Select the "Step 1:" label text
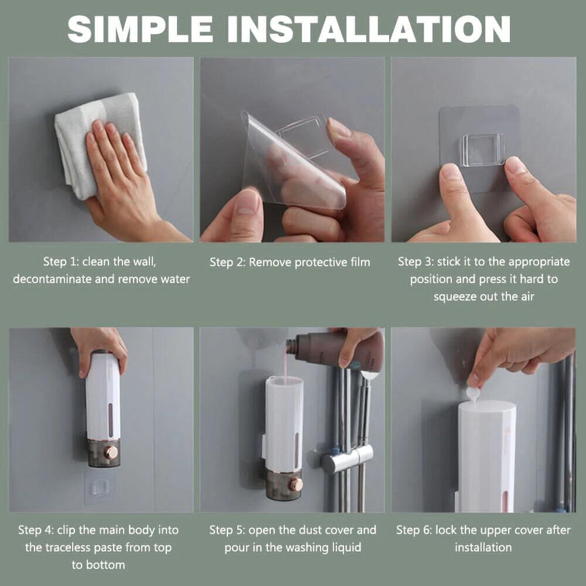(x=61, y=261)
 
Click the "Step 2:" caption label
(x=228, y=262)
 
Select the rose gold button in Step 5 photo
(x=295, y=484)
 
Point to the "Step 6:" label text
(x=414, y=530)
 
